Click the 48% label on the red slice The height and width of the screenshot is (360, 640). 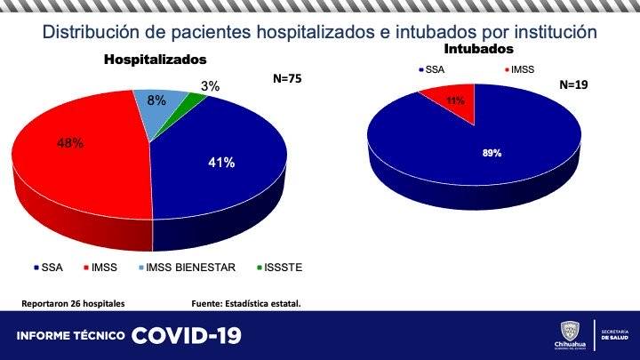pyautogui.click(x=71, y=142)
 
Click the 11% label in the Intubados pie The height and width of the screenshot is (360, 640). pyautogui.click(x=456, y=101)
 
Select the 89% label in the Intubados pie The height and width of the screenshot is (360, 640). pyautogui.click(x=492, y=153)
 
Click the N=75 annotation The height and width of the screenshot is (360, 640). pyautogui.click(x=287, y=78)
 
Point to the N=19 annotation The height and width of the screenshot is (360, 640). pyautogui.click(x=574, y=85)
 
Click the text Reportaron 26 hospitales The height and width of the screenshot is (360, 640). pyautogui.click(x=73, y=303)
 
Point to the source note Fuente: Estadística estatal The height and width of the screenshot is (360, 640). pyautogui.click(x=246, y=303)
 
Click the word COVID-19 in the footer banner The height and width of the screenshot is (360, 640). pyautogui.click(x=186, y=336)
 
